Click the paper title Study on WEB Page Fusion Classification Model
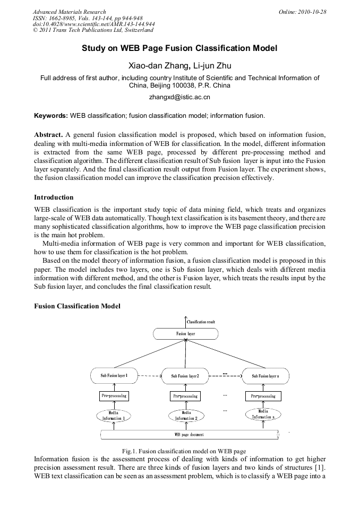(179, 48)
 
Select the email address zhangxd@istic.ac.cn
(179, 97)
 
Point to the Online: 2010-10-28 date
(302, 12)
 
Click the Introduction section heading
(54, 197)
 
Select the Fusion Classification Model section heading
(77, 306)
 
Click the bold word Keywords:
(51, 115)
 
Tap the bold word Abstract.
(48, 134)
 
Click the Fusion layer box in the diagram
(185, 334)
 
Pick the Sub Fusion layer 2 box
(185, 376)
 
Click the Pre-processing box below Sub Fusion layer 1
(114, 396)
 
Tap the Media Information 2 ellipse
(186, 415)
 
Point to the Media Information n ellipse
(263, 414)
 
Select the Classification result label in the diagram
(201, 322)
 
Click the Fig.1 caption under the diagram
(184, 451)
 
